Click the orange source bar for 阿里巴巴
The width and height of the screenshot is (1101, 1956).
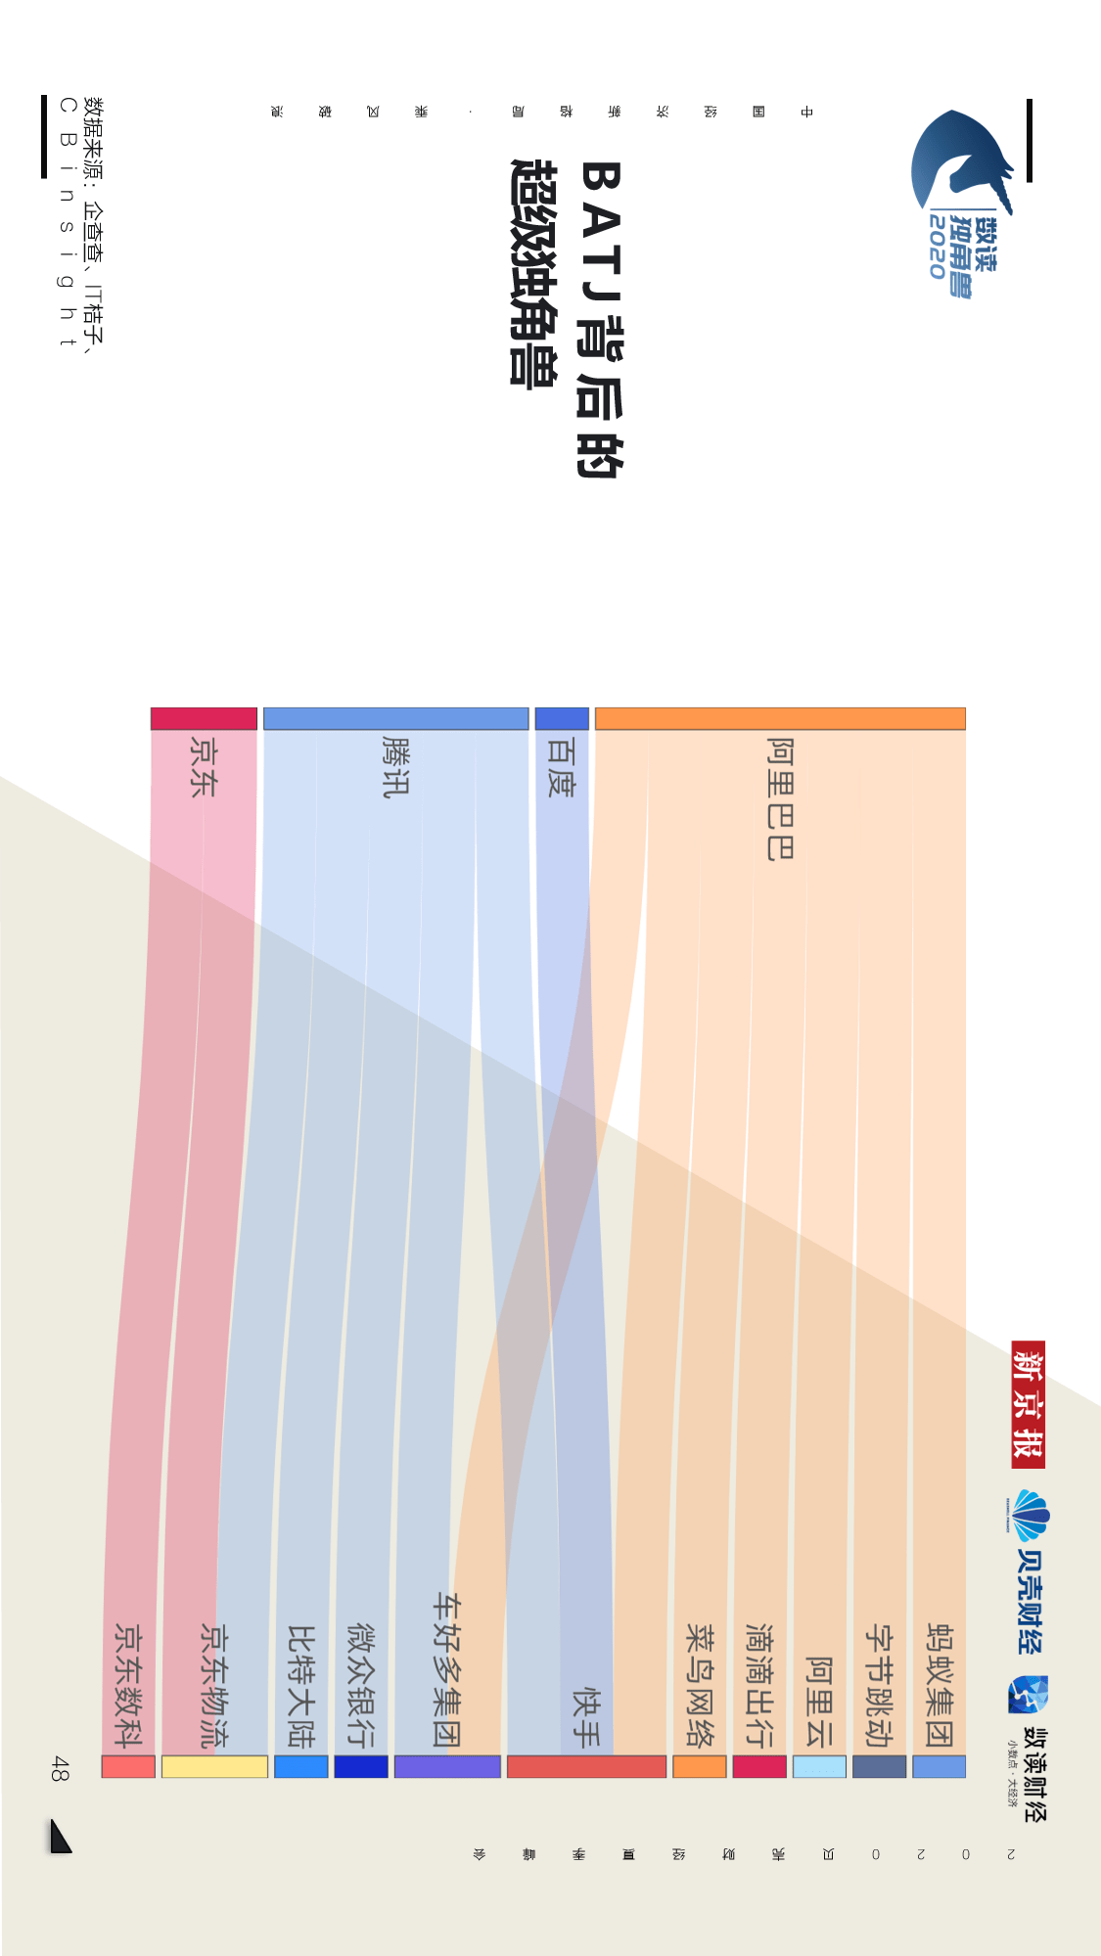780,718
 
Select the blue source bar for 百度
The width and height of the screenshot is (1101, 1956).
562,718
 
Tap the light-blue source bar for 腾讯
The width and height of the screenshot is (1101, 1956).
395,718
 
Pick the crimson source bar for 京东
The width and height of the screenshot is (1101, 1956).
204,718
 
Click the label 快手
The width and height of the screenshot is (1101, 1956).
586,1716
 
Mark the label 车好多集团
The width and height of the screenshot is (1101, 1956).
447,1669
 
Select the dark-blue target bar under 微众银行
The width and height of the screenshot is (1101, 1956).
361,1766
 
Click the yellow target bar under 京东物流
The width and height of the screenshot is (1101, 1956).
214,1766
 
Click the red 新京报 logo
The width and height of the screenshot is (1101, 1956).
1029,1404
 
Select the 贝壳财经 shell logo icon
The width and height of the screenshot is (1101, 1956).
1027,1516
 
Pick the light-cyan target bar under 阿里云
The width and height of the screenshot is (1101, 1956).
819,1766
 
